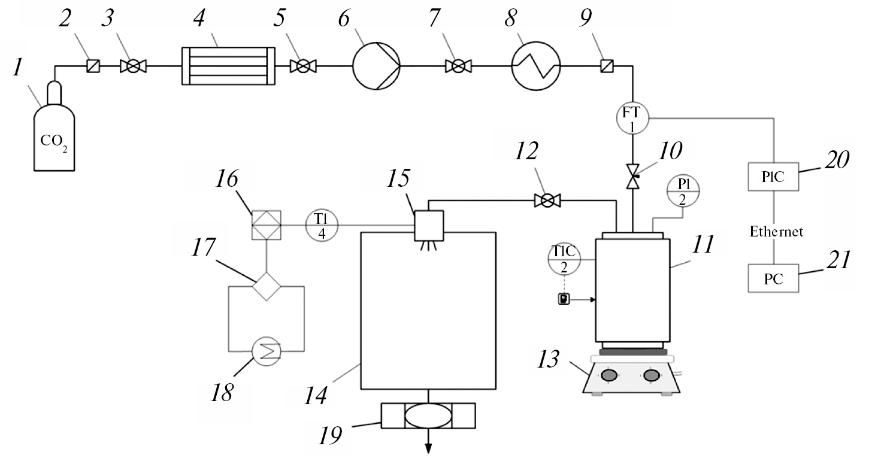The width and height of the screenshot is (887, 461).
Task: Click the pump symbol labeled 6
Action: click(376, 66)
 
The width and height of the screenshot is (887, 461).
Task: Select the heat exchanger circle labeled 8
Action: click(535, 66)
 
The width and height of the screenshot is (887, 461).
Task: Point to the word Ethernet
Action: click(776, 232)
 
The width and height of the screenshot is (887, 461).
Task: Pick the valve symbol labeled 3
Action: click(133, 66)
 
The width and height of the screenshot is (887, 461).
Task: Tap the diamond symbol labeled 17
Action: click(266, 286)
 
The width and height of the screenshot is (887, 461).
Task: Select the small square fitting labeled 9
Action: click(606, 66)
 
